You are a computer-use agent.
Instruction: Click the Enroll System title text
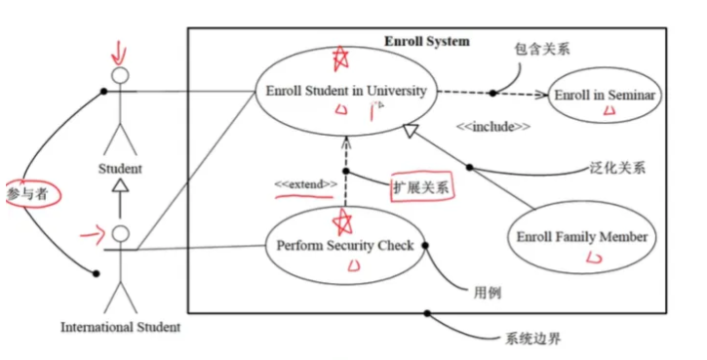426,41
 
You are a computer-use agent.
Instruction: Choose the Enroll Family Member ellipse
581,237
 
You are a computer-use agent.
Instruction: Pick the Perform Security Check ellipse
345,246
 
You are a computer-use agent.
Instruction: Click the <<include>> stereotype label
493,127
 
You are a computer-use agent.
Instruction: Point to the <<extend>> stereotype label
305,183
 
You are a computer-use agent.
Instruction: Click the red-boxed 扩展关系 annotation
420,187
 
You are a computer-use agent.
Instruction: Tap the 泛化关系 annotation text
618,167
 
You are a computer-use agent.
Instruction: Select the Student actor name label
120,169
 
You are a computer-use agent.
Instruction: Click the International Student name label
120,327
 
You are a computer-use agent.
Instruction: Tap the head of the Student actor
120,75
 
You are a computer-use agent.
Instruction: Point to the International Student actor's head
120,234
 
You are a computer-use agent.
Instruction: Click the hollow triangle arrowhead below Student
120,184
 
